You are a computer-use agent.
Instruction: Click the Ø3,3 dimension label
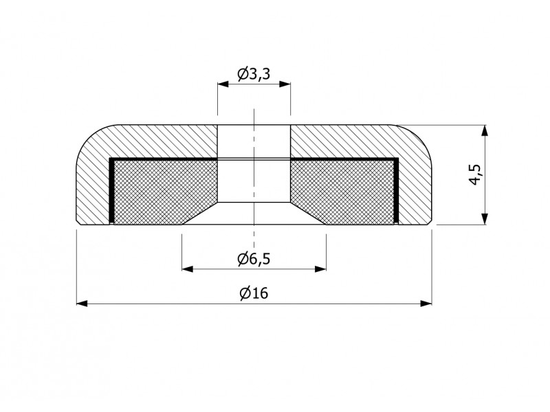click(x=254, y=73)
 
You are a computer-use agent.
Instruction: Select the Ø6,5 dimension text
click(x=254, y=259)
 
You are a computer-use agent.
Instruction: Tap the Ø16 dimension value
click(x=254, y=293)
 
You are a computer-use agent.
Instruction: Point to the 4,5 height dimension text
click(x=476, y=174)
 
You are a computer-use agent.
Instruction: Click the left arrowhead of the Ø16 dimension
click(x=82, y=304)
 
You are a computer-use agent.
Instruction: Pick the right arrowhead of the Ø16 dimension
click(x=426, y=304)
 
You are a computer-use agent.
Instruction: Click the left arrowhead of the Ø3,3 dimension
click(x=223, y=84)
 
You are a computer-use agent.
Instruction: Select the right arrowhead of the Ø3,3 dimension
click(x=285, y=84)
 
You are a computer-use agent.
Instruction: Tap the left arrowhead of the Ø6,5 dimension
click(x=188, y=269)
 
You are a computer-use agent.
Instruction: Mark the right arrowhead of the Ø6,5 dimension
click(x=320, y=269)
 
